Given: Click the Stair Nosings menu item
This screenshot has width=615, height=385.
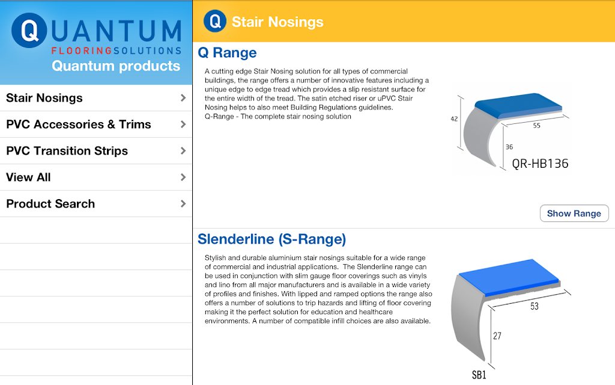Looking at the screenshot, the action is [95, 98].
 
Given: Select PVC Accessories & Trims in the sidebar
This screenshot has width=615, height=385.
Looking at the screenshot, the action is [95, 124].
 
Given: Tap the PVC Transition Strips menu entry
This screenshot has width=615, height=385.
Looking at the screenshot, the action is [95, 151].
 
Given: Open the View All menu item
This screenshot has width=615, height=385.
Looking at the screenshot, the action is [95, 177].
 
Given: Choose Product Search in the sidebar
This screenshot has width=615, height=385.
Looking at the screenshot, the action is [95, 203].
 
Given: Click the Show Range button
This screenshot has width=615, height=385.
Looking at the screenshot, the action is [574, 214].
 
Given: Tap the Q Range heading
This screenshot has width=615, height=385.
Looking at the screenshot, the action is [227, 53].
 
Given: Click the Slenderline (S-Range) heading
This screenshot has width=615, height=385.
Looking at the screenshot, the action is [272, 239].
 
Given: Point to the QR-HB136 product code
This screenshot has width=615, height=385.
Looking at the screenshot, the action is [540, 164].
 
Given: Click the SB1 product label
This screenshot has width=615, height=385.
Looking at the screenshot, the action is [479, 375].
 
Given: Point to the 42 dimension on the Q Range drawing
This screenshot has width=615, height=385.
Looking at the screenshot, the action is [454, 119].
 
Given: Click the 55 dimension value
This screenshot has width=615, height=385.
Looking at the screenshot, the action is [536, 126].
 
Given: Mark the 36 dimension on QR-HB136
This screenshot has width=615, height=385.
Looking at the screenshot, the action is [509, 147].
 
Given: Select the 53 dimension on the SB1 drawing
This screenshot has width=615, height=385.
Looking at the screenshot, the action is [535, 306].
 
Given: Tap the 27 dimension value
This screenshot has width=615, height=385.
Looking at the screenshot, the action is [497, 336].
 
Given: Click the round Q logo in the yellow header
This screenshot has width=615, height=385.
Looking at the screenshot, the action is [215, 21].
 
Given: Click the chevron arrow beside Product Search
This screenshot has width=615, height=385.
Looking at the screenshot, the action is [183, 203].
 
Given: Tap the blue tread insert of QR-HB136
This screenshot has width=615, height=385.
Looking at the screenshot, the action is [518, 105].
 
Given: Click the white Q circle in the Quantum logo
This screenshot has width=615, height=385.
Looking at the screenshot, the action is [29, 30].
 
